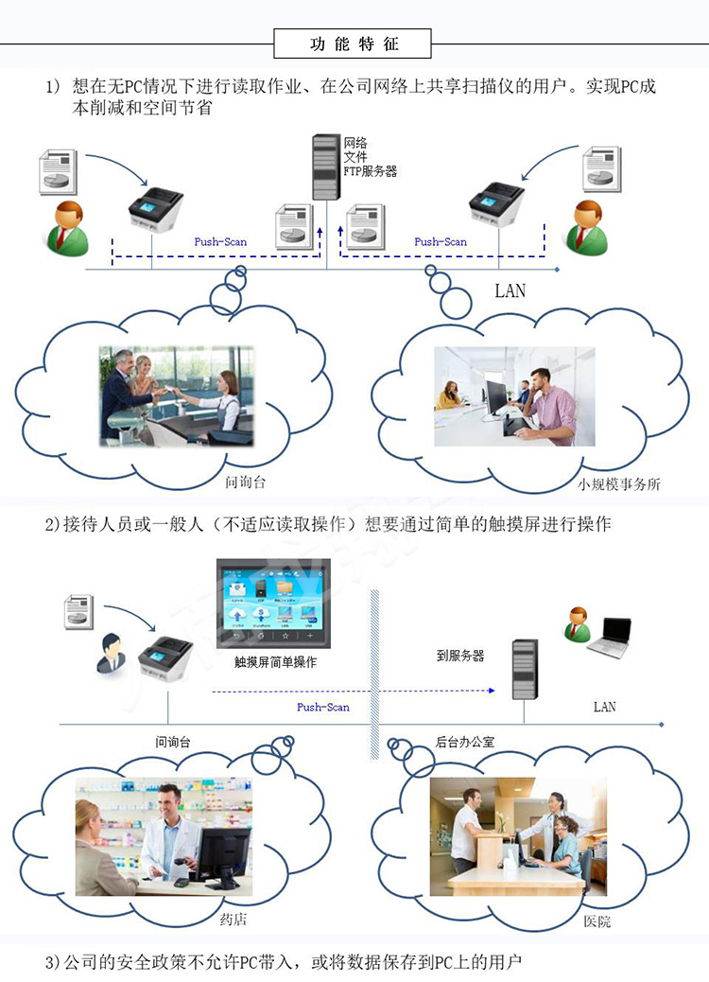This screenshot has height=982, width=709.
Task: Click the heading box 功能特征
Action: (353, 44)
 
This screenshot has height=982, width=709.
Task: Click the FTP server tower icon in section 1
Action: (326, 169)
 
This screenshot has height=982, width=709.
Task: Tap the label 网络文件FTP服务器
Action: (369, 157)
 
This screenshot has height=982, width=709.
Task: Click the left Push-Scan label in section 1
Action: (220, 242)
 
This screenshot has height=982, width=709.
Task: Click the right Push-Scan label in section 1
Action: (441, 242)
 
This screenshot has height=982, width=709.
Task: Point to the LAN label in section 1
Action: (510, 290)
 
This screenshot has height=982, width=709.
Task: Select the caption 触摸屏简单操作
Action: (275, 662)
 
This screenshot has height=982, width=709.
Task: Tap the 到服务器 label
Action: (460, 655)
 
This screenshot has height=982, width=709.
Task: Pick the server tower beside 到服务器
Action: (524, 668)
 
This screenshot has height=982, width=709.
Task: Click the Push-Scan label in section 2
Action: (323, 707)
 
